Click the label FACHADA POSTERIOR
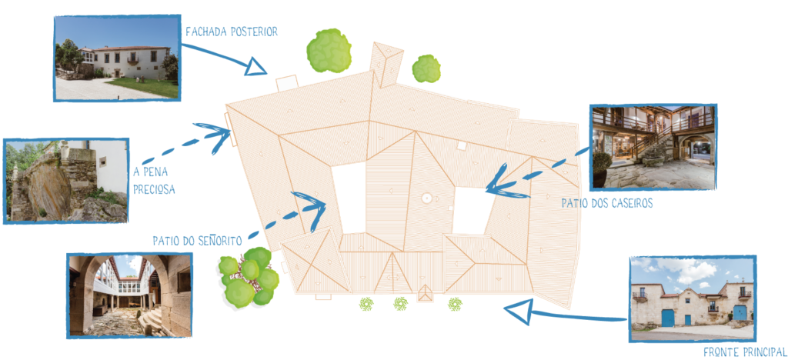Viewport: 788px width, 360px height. pyautogui.click(x=232, y=32)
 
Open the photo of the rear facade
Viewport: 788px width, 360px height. pyautogui.click(x=117, y=58)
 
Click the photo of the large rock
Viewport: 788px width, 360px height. pyautogui.click(x=66, y=181)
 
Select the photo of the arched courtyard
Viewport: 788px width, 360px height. pyautogui.click(x=129, y=295)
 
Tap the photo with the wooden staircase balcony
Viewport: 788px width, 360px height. pyautogui.click(x=653, y=147)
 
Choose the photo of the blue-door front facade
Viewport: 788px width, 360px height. pyautogui.click(x=693, y=299)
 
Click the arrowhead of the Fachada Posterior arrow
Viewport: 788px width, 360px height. pyautogui.click(x=255, y=66)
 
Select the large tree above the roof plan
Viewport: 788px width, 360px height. pyautogui.click(x=329, y=50)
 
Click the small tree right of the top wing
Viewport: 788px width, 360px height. pyautogui.click(x=426, y=68)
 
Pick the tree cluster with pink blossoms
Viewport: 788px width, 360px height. pyautogui.click(x=249, y=277)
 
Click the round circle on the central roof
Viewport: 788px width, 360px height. pyautogui.click(x=426, y=198)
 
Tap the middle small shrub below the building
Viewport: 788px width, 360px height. pyautogui.click(x=400, y=303)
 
